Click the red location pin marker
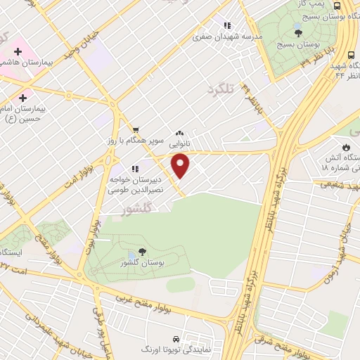(181, 166)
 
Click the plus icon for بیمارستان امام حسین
(25, 97)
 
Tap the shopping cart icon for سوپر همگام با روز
(135, 129)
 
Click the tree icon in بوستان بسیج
(298, 31)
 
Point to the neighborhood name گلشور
(120, 210)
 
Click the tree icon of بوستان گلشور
(143, 250)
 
